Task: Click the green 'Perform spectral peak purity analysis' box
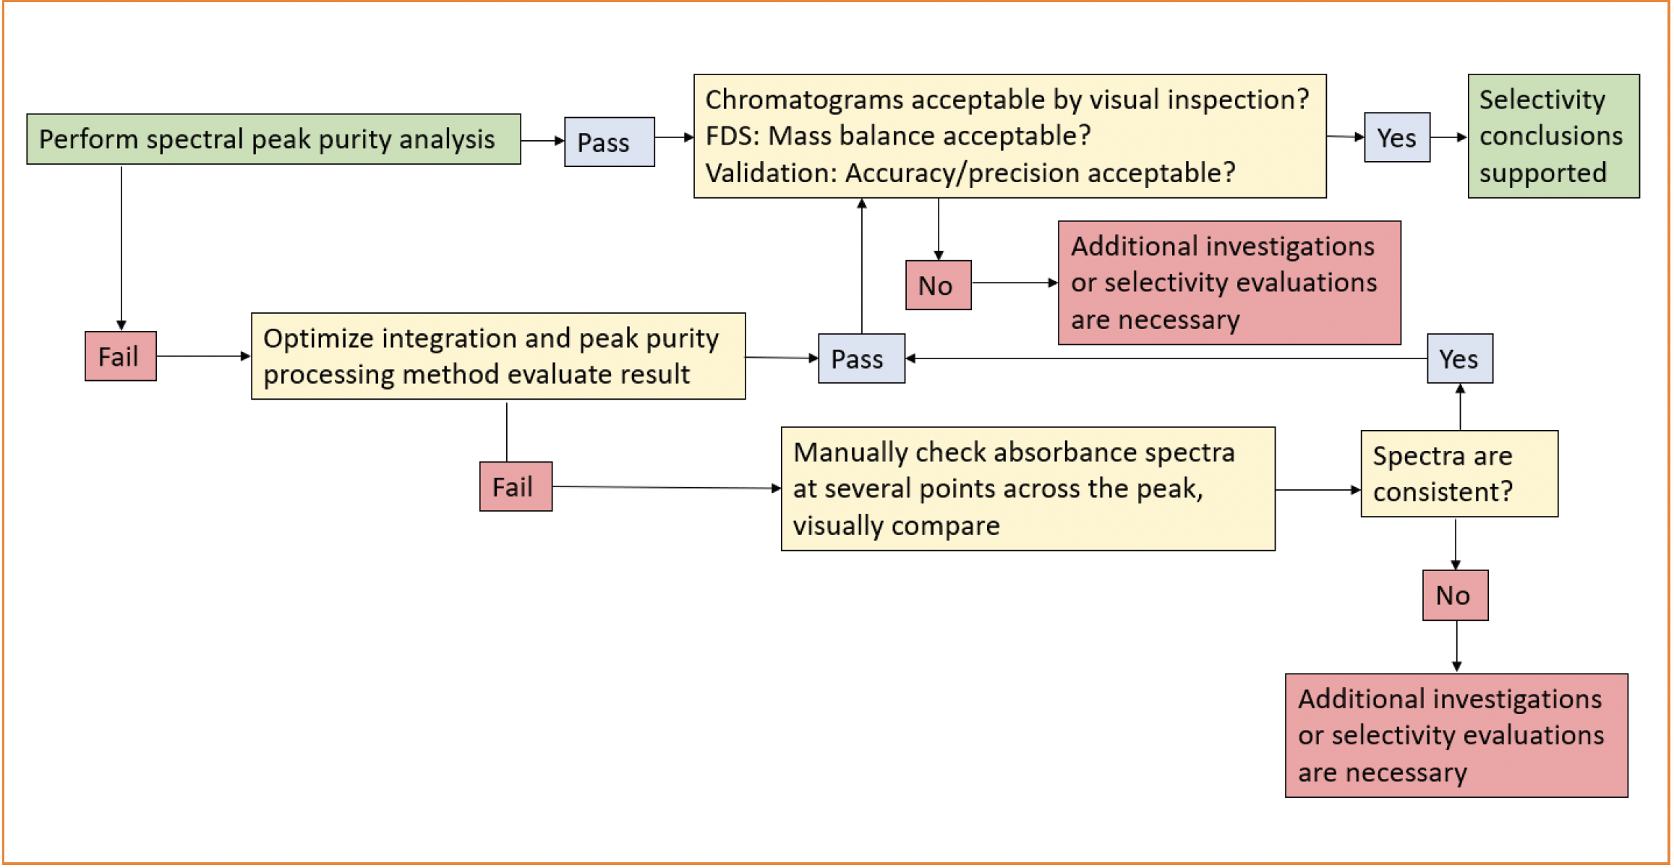pyautogui.click(x=273, y=139)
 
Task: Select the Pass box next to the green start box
pyautogui.click(x=609, y=142)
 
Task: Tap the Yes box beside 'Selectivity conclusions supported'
pyautogui.click(x=1396, y=137)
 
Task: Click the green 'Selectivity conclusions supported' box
pyautogui.click(x=1553, y=136)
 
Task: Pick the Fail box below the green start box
pyautogui.click(x=121, y=356)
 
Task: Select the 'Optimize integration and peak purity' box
pyautogui.click(x=498, y=356)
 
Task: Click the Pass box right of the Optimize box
pyautogui.click(x=861, y=358)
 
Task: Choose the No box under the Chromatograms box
pyautogui.click(x=938, y=285)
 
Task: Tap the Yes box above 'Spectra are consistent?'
pyautogui.click(x=1459, y=358)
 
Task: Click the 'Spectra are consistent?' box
pyautogui.click(x=1459, y=473)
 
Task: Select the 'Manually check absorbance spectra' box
pyautogui.click(x=1028, y=489)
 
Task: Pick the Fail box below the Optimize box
pyautogui.click(x=516, y=486)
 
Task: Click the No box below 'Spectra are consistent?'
pyautogui.click(x=1455, y=595)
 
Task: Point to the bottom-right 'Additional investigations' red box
pyautogui.click(x=1456, y=735)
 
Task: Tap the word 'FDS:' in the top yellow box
pyautogui.click(x=732, y=136)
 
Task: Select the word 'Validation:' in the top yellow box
pyautogui.click(x=771, y=173)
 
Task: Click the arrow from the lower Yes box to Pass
pyautogui.click(x=1166, y=358)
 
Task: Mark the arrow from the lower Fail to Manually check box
pyautogui.click(x=667, y=488)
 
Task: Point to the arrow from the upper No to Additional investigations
pyautogui.click(x=1015, y=283)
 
